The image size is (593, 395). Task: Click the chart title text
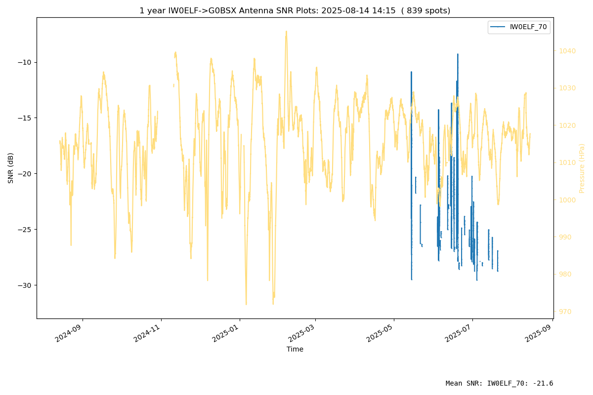(x=295, y=10)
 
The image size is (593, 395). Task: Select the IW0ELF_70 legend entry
(x=519, y=27)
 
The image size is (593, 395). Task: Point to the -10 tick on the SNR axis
(x=24, y=62)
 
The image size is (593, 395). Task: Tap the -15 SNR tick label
(x=24, y=118)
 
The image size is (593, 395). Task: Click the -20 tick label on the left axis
(x=24, y=174)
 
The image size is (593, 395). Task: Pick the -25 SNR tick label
(x=24, y=230)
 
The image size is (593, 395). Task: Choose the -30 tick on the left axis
(x=24, y=285)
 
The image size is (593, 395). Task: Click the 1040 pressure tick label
(x=567, y=51)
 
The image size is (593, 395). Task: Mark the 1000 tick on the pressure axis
(x=567, y=200)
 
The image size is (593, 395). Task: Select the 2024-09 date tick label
(x=68, y=333)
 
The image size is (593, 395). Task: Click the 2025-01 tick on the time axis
(x=225, y=333)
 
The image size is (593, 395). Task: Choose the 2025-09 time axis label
(x=538, y=333)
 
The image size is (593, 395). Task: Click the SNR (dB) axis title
(x=10, y=168)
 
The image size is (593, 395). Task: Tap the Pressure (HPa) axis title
(x=582, y=168)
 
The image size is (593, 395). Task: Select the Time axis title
(x=295, y=349)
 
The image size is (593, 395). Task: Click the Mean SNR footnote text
(x=499, y=383)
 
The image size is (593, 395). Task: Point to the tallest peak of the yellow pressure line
(x=286, y=31)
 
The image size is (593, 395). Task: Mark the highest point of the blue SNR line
(x=458, y=54)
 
